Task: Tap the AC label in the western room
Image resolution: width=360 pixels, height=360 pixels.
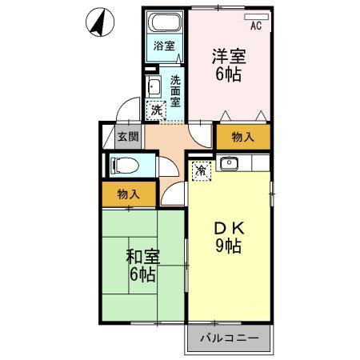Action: (x=256, y=26)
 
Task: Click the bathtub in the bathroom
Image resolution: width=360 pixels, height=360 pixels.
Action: (x=164, y=24)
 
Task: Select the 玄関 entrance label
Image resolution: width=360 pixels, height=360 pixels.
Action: (x=128, y=137)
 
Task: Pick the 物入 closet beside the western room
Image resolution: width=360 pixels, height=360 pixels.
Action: (x=242, y=137)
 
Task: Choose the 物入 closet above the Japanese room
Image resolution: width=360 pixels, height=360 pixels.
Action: (x=128, y=194)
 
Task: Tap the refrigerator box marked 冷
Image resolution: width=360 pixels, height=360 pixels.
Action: (x=202, y=170)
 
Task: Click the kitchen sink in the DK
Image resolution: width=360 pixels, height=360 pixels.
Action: (x=228, y=165)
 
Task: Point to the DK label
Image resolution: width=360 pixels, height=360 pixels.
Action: (x=228, y=228)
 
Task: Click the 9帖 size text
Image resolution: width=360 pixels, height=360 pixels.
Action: (x=228, y=247)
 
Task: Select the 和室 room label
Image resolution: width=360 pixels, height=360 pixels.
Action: (x=143, y=257)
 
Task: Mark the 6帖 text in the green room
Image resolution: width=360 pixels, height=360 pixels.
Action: (x=143, y=275)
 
